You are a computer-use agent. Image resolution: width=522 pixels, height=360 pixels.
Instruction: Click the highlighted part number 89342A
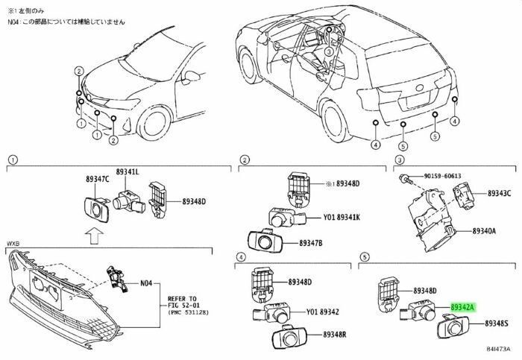(463, 306)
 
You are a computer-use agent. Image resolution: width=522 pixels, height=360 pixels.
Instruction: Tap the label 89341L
(126, 172)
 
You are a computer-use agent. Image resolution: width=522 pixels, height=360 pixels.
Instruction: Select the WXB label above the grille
(14, 244)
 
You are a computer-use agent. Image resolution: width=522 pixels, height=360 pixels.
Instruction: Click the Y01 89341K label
(342, 218)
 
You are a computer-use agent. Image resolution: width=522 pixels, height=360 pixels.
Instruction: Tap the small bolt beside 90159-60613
(404, 177)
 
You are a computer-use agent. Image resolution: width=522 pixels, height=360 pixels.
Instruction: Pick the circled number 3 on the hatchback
(328, 53)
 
